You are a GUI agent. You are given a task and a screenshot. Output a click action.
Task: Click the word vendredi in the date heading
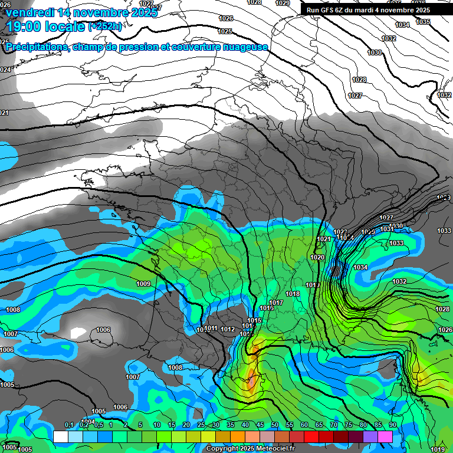click(30, 12)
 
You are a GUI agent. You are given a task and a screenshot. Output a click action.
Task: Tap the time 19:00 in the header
click(25, 27)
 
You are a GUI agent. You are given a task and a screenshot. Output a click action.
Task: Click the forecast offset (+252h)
click(106, 27)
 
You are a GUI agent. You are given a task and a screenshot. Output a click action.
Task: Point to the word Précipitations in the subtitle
click(37, 47)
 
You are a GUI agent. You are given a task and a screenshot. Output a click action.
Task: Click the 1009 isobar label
click(143, 284)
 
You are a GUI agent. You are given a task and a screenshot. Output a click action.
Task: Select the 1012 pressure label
click(228, 329)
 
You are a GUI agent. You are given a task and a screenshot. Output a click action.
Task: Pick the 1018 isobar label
click(293, 294)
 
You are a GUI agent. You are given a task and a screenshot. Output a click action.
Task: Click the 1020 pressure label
click(317, 257)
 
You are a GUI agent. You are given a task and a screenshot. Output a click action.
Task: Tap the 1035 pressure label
click(423, 22)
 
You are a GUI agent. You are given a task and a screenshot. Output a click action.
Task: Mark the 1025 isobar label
click(225, 31)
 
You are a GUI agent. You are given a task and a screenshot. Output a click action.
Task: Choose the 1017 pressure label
click(277, 303)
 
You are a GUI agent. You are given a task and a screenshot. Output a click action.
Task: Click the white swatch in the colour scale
click(61, 436)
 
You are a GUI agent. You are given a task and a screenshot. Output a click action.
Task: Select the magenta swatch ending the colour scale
click(385, 436)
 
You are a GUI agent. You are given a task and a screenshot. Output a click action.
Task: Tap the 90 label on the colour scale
click(392, 425)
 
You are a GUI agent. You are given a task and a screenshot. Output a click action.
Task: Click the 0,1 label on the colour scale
click(69, 425)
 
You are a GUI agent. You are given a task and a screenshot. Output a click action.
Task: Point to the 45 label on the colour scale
click(260, 425)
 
